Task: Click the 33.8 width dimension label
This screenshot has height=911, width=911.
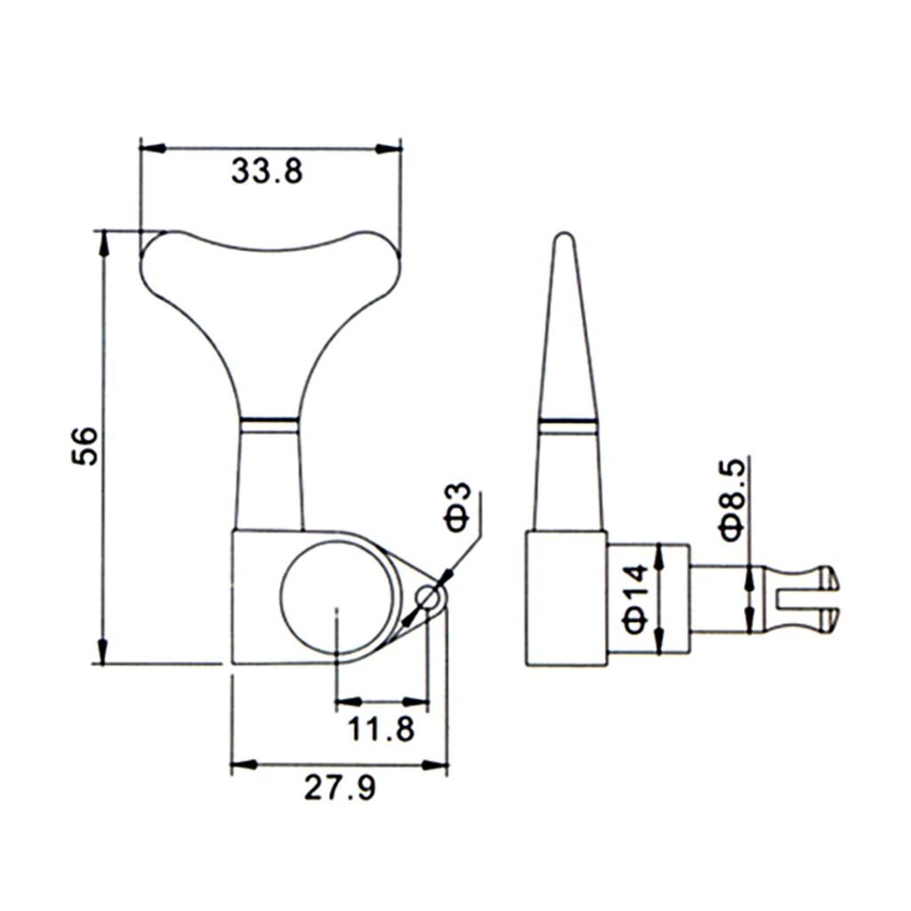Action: pyautogui.click(x=267, y=172)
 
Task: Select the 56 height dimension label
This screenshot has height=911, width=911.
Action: pyautogui.click(x=85, y=446)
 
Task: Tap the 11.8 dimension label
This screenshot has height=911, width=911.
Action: pyautogui.click(x=381, y=729)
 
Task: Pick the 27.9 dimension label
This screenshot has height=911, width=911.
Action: pyautogui.click(x=340, y=788)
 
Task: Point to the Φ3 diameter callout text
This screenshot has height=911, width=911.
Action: pyautogui.click(x=458, y=506)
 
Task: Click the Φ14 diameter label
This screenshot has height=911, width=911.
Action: pyautogui.click(x=635, y=598)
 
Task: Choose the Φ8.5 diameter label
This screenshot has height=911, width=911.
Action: pyautogui.click(x=732, y=500)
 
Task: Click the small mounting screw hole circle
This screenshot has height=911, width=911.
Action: pyautogui.click(x=427, y=597)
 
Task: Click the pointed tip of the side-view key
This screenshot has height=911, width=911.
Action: pyautogui.click(x=563, y=234)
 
